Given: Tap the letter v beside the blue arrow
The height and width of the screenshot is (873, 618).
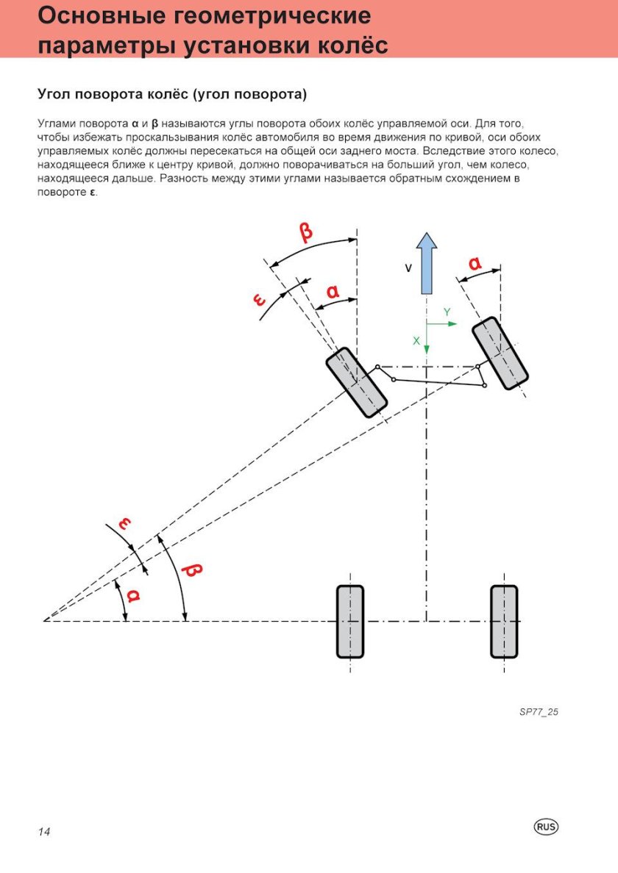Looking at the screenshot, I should click(x=408, y=269).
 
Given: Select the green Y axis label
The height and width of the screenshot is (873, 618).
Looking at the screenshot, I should click(x=447, y=313).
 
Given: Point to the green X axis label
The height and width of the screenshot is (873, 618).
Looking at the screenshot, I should click(x=416, y=341).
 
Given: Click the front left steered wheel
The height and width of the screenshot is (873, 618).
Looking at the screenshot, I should click(x=358, y=383).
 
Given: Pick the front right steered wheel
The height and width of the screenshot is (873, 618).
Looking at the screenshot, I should click(x=500, y=353).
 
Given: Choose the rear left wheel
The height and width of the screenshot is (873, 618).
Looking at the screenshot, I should click(x=350, y=621).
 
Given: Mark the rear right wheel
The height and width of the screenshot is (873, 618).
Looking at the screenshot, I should click(x=504, y=621).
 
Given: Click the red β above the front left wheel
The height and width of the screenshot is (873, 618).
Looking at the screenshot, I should click(x=305, y=232).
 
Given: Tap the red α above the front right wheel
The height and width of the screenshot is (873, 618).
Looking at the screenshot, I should click(x=475, y=262).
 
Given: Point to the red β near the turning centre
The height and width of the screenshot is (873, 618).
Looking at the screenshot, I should click(x=193, y=570).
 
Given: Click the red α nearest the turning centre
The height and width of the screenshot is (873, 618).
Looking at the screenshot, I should click(x=132, y=594).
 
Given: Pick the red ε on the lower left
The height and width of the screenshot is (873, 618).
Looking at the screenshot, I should click(x=125, y=523).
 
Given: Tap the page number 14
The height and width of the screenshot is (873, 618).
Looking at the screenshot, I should click(x=44, y=832).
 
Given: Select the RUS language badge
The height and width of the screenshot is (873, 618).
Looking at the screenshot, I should click(x=546, y=827).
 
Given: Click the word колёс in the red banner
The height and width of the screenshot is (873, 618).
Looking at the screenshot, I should click(x=347, y=46).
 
